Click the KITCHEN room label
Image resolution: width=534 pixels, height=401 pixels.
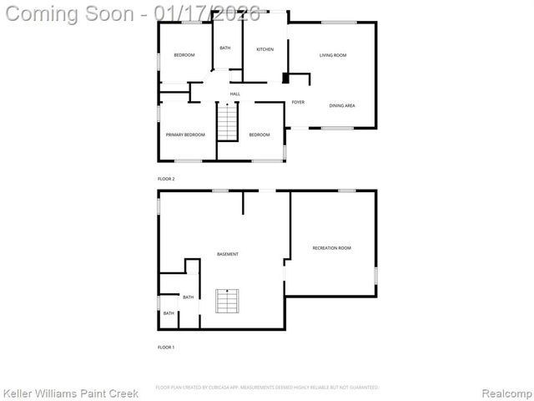coord(264,50)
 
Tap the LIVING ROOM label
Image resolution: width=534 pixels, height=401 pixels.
coord(333,55)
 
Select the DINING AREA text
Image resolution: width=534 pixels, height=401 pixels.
coord(342,106)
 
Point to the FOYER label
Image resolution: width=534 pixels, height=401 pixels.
coord(298,102)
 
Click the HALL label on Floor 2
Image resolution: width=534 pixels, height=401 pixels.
coord(235,94)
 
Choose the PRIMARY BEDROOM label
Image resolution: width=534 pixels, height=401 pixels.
coord(185,135)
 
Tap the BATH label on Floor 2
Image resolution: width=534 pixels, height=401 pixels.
coord(225,48)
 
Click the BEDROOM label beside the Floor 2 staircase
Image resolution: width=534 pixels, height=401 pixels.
coord(259,135)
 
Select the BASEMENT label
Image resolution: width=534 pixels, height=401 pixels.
coord(228,254)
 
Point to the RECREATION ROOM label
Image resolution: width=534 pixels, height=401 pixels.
coord(331,248)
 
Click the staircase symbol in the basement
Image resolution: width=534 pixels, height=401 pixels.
coord(227,301)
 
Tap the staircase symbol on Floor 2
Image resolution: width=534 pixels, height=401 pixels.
coord(228,122)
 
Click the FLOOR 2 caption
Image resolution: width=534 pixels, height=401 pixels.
coord(166,179)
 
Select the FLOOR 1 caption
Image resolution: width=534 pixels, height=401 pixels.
coord(166,347)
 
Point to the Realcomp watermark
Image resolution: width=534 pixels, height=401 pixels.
coord(503,392)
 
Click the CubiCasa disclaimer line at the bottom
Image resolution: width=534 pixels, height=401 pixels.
coord(267,388)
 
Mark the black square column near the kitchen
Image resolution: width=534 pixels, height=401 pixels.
coord(286,79)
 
